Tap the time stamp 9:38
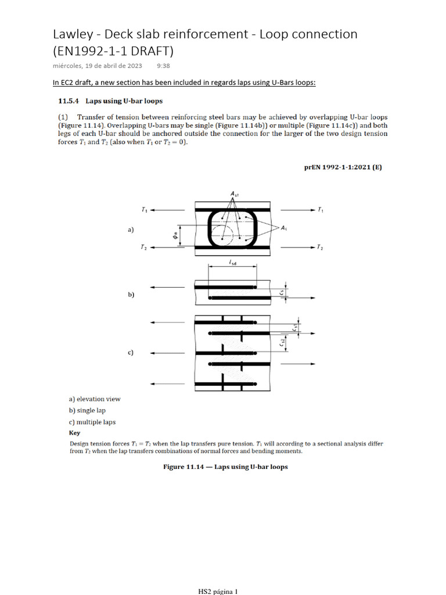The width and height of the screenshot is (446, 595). [x=164, y=67]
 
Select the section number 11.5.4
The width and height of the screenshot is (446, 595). [x=69, y=101]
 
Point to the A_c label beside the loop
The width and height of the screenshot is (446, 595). [x=285, y=228]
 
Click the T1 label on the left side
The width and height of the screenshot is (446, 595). [x=144, y=209]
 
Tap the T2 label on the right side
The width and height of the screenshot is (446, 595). [x=320, y=248]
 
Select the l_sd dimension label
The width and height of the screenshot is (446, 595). [x=233, y=263]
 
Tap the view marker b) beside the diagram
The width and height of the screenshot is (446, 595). [x=131, y=295]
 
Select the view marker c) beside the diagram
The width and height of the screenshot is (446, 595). [x=131, y=353]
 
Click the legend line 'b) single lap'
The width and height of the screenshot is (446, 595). [x=87, y=410]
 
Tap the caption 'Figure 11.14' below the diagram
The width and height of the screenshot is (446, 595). [x=185, y=467]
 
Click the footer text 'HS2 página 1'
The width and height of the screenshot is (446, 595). [x=218, y=592]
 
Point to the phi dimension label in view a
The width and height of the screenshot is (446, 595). [x=174, y=236]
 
